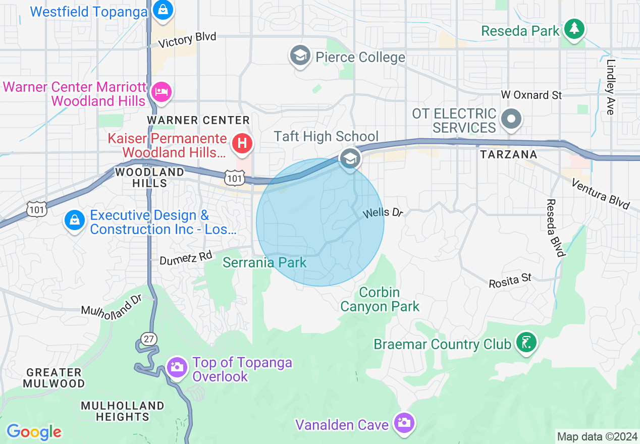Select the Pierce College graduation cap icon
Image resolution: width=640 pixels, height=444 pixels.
(x=300, y=55)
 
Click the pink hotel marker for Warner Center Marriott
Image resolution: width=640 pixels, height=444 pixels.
(x=162, y=92)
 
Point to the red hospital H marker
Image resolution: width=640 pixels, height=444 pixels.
(x=242, y=144)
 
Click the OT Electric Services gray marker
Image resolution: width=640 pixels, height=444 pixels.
(x=512, y=120)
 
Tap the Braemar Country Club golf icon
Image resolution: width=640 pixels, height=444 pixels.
(x=526, y=343)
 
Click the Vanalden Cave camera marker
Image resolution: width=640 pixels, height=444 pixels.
(x=404, y=422)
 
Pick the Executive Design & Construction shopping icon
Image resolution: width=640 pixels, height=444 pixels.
(x=75, y=220)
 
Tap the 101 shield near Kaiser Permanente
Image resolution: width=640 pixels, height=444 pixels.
(x=235, y=177)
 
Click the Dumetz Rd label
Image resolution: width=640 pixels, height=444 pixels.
(x=186, y=258)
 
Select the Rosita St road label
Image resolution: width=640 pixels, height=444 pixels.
(x=510, y=281)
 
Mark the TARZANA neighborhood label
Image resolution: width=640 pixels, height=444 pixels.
(x=508, y=154)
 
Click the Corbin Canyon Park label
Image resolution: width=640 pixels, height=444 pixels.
(x=380, y=299)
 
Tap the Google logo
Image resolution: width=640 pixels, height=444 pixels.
(x=34, y=432)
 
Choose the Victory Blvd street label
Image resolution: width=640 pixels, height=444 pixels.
(x=187, y=39)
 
